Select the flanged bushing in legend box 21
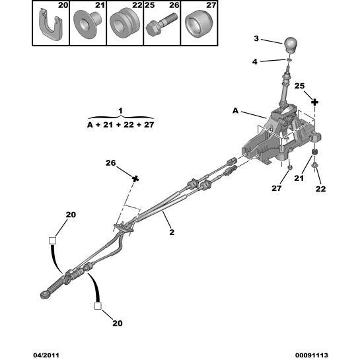click(87, 24)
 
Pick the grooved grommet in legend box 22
click(125, 22)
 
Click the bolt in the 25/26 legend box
click(161, 24)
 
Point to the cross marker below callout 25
click(315, 102)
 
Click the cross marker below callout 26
click(135, 178)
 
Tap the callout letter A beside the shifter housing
click(236, 111)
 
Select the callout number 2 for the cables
click(172, 232)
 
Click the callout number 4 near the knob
click(255, 61)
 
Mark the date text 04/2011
click(46, 355)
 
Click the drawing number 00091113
click(311, 355)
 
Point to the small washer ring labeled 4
click(289, 59)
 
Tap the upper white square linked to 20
click(53, 240)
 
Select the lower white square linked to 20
click(98, 306)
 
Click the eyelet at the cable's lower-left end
click(44, 295)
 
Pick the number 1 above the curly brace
click(120, 111)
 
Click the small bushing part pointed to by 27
click(289, 167)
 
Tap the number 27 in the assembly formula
click(149, 125)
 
